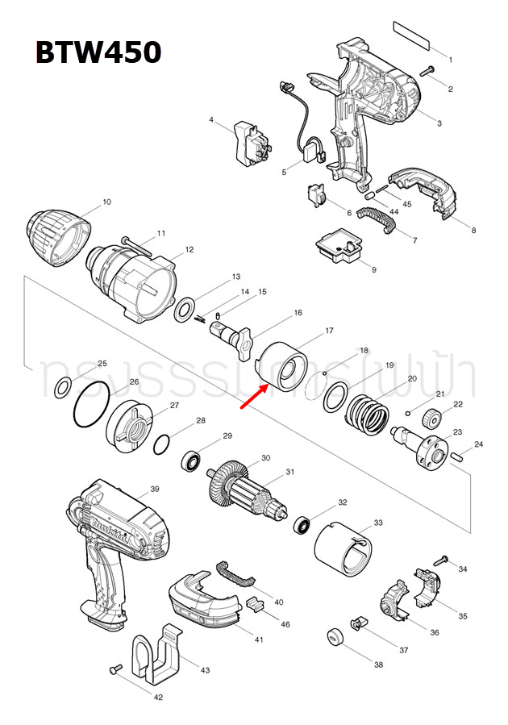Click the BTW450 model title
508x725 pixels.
pos(98,52)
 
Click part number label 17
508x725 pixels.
pos(329,331)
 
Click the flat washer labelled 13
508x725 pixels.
pos(185,307)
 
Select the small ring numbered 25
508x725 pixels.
pos(61,390)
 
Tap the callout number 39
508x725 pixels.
pos(155,490)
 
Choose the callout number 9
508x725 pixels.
pos(373,269)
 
